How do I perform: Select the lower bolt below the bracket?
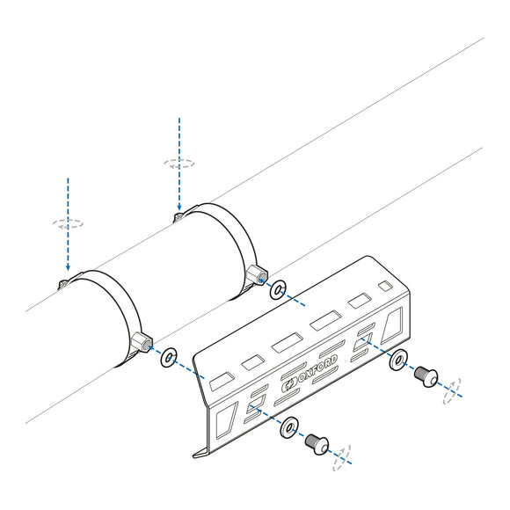pos(316,442)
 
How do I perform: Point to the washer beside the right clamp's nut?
pos(278,288)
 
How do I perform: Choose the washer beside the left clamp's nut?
pos(166,356)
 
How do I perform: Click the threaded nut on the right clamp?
pos(257,273)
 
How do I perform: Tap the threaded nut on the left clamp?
pos(142,341)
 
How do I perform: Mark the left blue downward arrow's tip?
pos(68,272)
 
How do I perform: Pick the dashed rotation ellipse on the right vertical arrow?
pos(179,163)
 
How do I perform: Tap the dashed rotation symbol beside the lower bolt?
pos(339,457)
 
